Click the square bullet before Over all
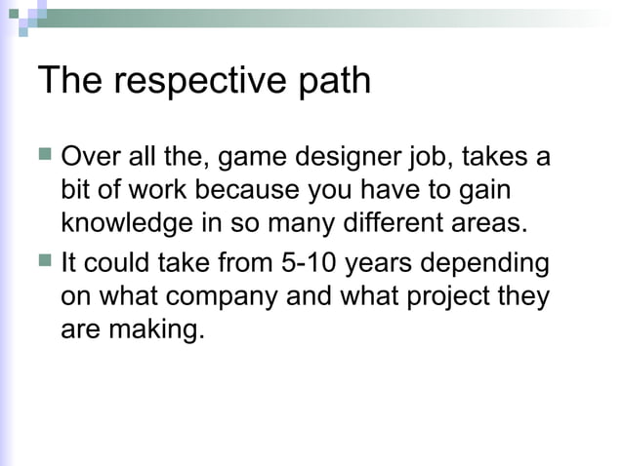(45, 154)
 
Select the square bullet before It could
(45, 262)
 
